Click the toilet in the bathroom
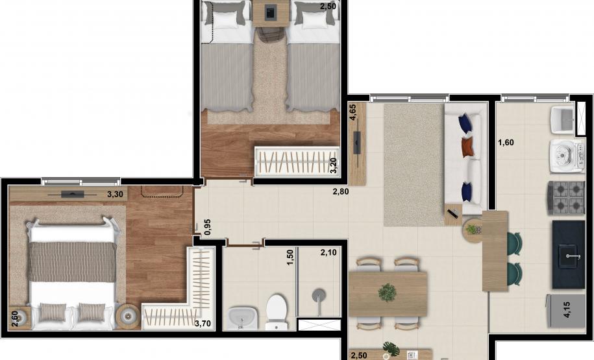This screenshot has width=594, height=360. (x=277, y=311)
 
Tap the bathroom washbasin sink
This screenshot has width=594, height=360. (x=243, y=318)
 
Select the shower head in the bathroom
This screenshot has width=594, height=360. (x=319, y=295)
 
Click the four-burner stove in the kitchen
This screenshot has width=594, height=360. (x=566, y=198)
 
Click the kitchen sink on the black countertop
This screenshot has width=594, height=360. (x=568, y=256)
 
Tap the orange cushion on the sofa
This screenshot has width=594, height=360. (x=468, y=146)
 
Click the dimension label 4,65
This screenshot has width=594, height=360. (x=353, y=112)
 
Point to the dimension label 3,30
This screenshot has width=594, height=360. (x=115, y=195)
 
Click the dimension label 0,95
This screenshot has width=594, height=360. (x=207, y=227)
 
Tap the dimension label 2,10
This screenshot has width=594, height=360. (x=328, y=252)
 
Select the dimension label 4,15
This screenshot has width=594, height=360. (x=567, y=309)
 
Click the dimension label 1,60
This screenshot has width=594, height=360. (x=506, y=143)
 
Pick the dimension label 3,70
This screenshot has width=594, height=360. (x=203, y=324)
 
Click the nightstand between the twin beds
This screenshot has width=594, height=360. (x=271, y=13)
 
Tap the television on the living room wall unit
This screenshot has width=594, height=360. (x=357, y=142)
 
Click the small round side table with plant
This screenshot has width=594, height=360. (x=472, y=232)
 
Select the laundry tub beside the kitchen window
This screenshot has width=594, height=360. (x=563, y=120)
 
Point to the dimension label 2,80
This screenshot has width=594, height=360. (x=341, y=192)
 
